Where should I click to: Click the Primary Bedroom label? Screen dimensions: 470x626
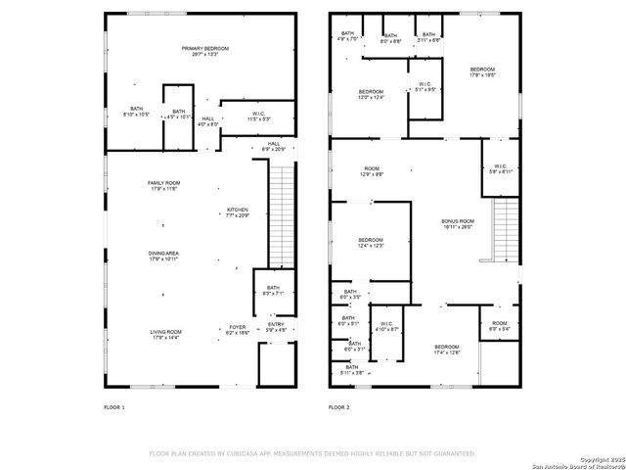click(x=203, y=51)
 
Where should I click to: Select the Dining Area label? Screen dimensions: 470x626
click(x=163, y=257)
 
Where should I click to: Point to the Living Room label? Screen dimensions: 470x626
click(x=165, y=335)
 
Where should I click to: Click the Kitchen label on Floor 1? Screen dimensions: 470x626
click(x=238, y=212)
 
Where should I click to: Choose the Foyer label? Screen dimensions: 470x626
click(x=238, y=330)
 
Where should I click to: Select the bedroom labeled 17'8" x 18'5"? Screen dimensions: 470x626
click(x=482, y=71)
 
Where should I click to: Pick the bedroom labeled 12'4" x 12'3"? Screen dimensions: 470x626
click(x=370, y=242)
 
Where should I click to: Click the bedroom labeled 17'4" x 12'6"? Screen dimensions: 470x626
click(x=447, y=350)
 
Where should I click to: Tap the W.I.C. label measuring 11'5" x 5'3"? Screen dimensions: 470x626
click(x=258, y=116)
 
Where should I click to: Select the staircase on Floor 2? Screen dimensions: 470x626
click(x=504, y=227)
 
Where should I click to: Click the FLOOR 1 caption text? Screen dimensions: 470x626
click(x=114, y=406)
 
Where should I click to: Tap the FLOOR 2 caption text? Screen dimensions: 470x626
click(x=338, y=406)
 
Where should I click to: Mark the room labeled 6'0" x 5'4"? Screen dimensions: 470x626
click(x=500, y=327)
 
